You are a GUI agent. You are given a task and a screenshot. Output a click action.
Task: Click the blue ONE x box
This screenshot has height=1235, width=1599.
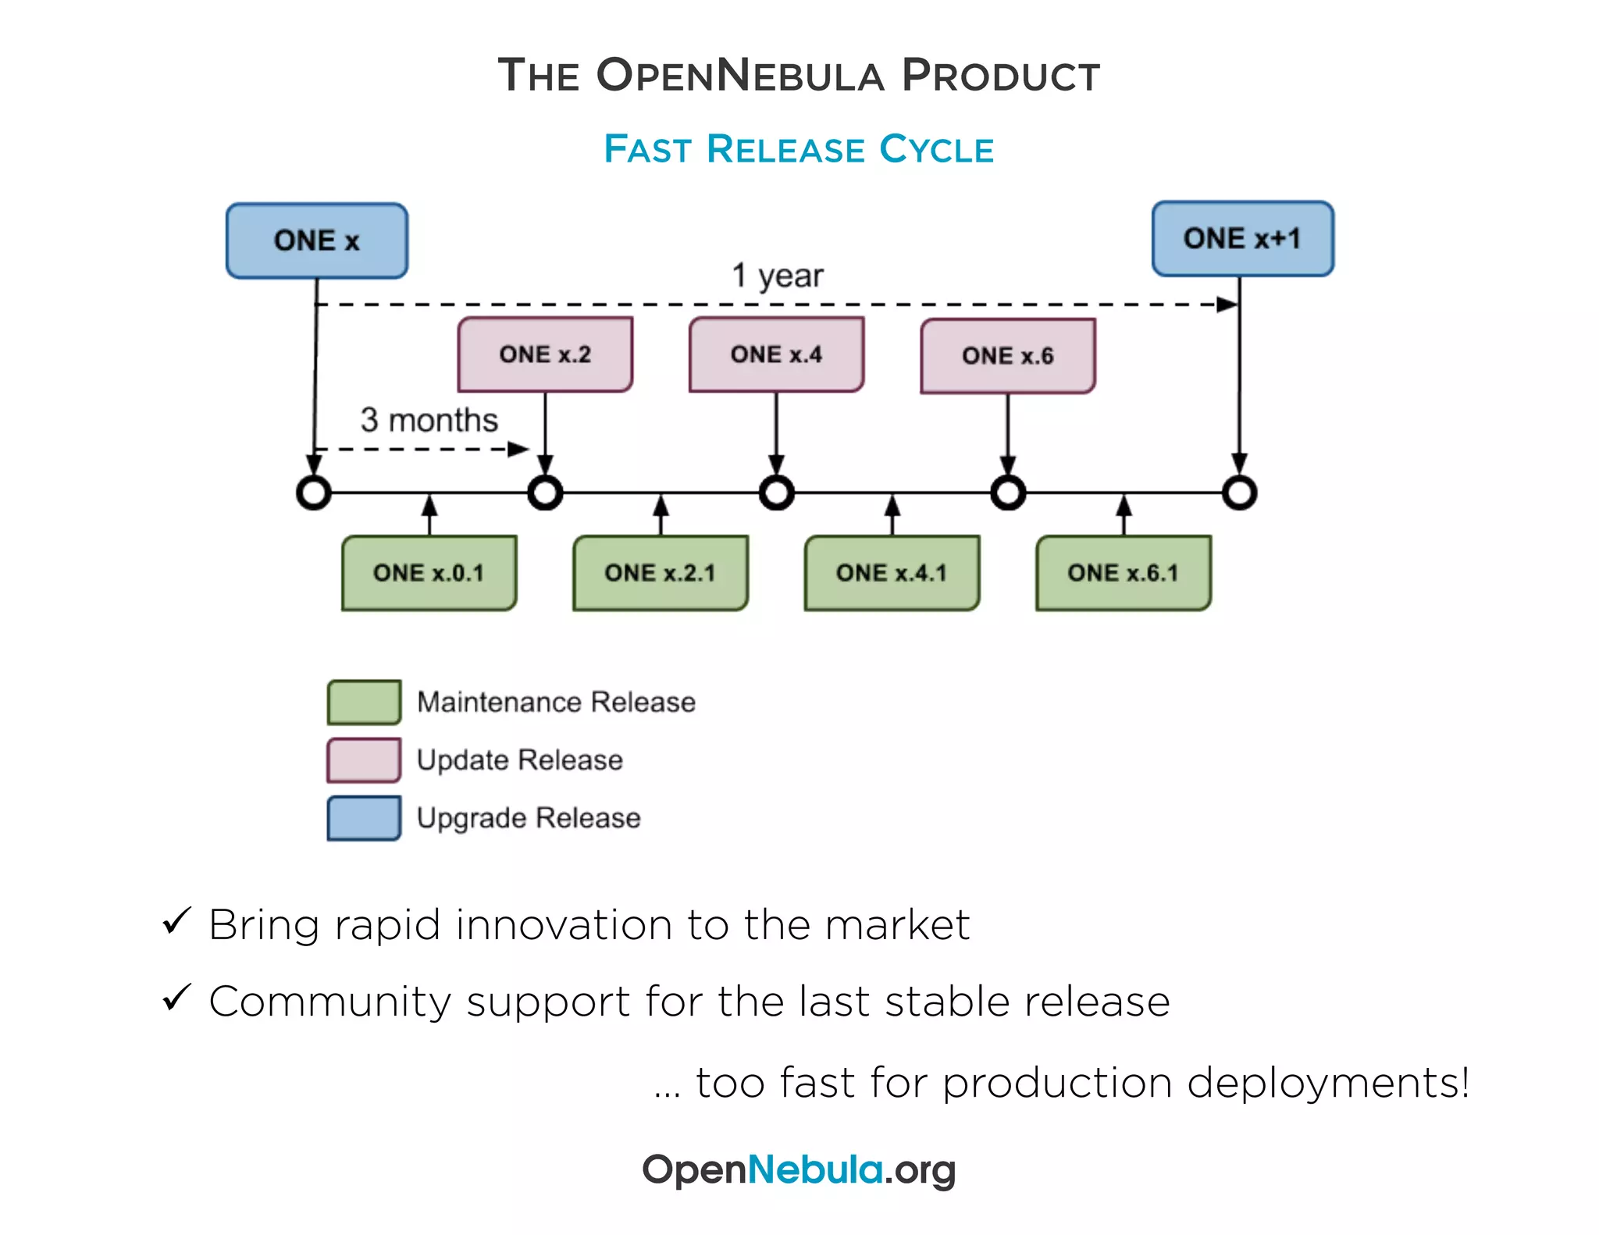point(316,240)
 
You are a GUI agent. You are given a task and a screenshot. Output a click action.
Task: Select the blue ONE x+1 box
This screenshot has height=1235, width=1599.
point(1242,238)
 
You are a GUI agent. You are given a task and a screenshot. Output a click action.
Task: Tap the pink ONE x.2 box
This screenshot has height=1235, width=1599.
point(545,354)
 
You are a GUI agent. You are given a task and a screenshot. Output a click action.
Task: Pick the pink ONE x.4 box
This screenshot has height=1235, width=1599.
point(776,354)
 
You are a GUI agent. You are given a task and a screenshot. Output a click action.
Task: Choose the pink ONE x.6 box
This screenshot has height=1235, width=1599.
point(1007,356)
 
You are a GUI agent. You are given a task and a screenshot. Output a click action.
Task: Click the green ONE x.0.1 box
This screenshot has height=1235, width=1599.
point(429,573)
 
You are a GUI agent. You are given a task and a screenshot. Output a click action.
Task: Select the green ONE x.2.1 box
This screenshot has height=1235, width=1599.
point(661,573)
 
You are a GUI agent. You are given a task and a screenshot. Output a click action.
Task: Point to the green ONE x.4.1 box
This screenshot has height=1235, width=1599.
point(892,573)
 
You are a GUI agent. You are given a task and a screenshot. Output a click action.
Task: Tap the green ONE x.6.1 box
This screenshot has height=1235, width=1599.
point(1123,573)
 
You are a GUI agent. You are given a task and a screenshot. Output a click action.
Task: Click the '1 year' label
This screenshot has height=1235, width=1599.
point(777,276)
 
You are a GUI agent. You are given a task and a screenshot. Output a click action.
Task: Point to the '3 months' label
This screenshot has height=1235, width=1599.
point(429,420)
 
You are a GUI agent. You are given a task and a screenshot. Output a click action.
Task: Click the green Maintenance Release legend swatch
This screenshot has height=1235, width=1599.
point(364,702)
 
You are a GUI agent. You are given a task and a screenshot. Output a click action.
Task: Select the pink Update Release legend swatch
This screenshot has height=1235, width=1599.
point(364,760)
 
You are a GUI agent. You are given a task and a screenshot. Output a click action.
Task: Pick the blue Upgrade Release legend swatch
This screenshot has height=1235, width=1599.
point(364,817)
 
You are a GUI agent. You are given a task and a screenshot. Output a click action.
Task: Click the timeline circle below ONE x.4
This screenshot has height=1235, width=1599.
point(776,493)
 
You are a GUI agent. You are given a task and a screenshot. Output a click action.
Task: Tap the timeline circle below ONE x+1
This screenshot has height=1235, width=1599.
point(1239,493)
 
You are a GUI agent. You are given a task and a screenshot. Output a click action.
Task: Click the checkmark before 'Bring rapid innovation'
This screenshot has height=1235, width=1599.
point(177,921)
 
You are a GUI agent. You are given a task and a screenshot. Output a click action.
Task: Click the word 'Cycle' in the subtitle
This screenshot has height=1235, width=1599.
point(936,149)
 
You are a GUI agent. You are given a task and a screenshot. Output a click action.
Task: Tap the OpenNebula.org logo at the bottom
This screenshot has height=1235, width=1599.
point(799,1169)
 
